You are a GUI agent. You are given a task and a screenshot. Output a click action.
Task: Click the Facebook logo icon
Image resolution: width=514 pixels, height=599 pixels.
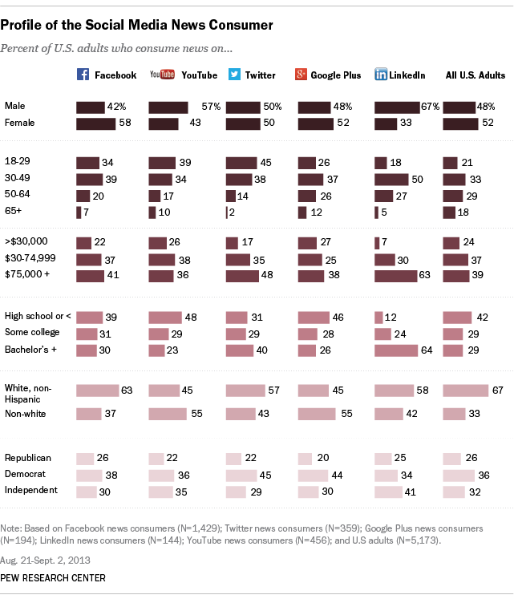pyautogui.click(x=82, y=75)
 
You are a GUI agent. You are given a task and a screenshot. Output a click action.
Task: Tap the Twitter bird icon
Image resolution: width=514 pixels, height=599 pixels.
pyautogui.click(x=233, y=75)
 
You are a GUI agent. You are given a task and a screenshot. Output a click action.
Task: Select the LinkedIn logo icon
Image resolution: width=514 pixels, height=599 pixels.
pyautogui.click(x=380, y=75)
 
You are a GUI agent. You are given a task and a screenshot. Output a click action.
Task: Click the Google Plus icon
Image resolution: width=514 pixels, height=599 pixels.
pyautogui.click(x=302, y=75)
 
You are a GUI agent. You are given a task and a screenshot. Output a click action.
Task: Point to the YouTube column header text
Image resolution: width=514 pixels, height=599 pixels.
pyautogui.click(x=199, y=75)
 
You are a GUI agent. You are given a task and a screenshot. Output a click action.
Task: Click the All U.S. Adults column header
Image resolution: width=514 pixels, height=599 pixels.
pyautogui.click(x=475, y=75)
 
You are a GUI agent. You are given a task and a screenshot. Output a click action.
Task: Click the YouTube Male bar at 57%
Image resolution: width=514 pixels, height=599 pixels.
pyautogui.click(x=168, y=107)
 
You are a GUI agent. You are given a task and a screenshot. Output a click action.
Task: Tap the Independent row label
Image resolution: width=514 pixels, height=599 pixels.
pyautogui.click(x=30, y=490)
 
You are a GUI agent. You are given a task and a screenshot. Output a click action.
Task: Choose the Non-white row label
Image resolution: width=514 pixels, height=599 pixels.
pyautogui.click(x=26, y=414)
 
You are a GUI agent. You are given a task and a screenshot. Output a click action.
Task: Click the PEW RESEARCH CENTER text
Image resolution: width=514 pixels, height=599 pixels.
pyautogui.click(x=54, y=577)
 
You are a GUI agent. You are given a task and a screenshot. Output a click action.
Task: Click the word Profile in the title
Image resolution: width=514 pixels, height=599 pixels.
pyautogui.click(x=24, y=25)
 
